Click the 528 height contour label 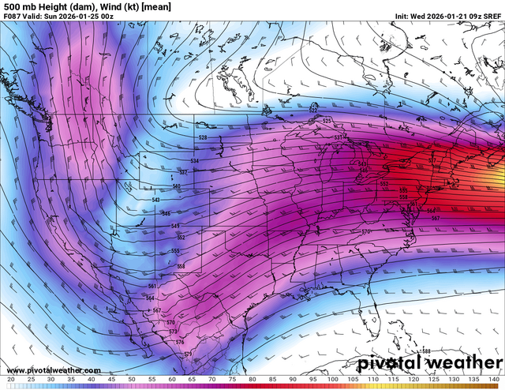point(203,138)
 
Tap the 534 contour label point(195,160)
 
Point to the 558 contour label point(181,266)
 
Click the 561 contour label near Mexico point(151,286)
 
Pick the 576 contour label point(180,342)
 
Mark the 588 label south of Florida point(426,351)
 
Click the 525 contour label point(327,120)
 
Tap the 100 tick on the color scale point(332,380)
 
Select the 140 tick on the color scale point(493,380)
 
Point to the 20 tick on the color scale point(10,380)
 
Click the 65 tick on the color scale point(192,380)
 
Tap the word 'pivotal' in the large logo point(391,363)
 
